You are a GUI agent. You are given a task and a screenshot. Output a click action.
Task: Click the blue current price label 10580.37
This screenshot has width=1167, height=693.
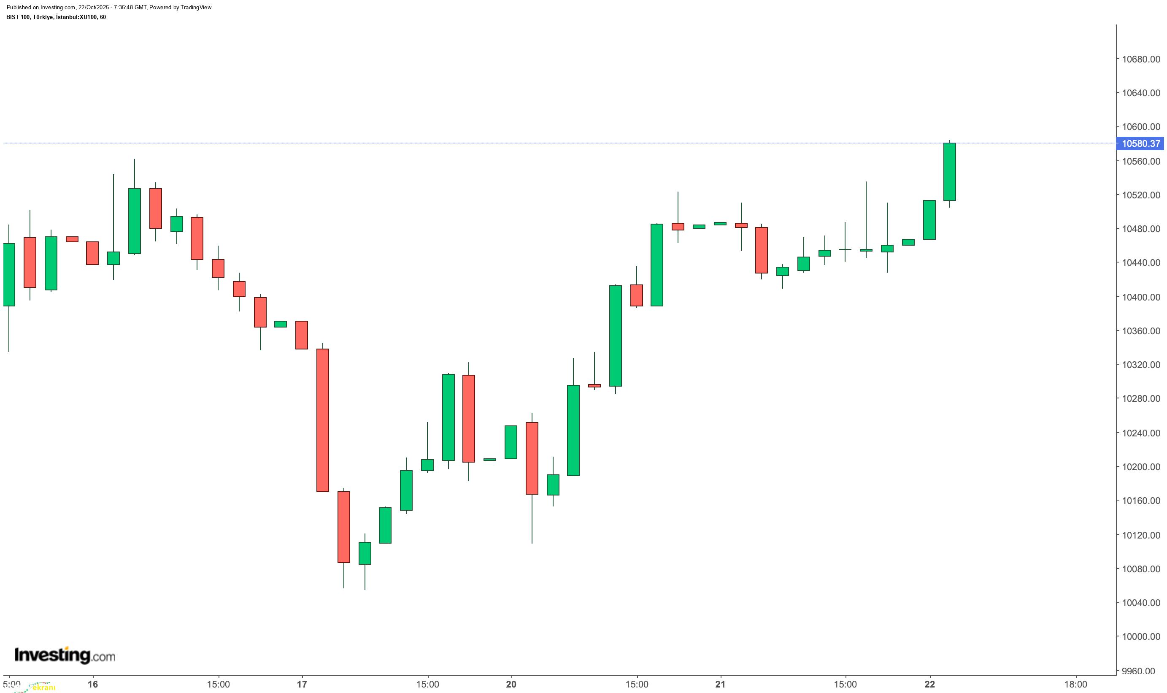[1141, 143]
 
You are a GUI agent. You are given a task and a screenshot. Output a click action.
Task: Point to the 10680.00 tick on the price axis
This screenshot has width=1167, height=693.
[1140, 60]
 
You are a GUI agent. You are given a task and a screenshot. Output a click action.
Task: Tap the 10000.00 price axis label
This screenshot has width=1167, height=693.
[1140, 636]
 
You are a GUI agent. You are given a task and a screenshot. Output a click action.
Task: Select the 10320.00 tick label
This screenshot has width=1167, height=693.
[1140, 365]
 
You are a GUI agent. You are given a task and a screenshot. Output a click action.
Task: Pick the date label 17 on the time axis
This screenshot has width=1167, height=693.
[302, 684]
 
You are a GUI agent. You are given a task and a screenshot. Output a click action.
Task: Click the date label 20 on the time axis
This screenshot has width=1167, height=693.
[511, 684]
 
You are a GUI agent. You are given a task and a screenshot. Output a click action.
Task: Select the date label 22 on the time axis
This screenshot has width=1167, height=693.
[930, 684]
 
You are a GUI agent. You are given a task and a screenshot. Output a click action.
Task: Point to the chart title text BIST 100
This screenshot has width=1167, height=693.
[19, 17]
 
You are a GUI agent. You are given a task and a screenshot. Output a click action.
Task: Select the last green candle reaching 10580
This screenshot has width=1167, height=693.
[949, 172]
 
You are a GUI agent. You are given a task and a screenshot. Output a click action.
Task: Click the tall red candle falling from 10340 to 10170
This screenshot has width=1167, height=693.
[323, 420]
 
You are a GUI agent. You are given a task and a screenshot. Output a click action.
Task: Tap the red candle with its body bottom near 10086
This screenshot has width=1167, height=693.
[343, 527]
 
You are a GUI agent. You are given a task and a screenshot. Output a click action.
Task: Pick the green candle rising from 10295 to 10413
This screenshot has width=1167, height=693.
[615, 336]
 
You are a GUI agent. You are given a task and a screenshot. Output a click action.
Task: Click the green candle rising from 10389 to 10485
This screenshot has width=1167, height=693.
[657, 265]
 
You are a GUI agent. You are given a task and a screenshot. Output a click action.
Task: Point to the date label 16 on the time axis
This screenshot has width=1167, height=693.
[93, 684]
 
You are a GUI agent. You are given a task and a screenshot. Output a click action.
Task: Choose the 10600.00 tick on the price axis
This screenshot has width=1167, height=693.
[1140, 127]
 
